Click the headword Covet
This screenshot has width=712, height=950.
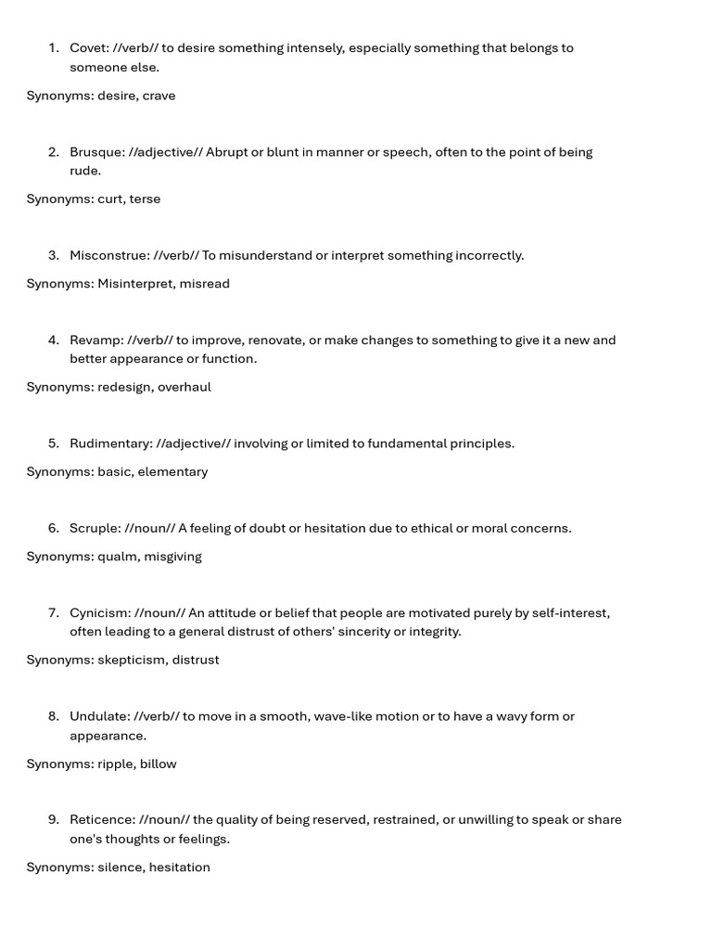[89, 48]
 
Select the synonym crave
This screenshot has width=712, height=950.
[159, 96]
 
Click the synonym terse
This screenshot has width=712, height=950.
[145, 199]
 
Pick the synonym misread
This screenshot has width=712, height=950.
[205, 284]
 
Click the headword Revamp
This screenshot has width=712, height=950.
[95, 340]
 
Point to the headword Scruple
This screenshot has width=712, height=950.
[95, 529]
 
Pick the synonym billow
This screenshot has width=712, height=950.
[159, 764]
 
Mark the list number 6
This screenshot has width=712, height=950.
[53, 529]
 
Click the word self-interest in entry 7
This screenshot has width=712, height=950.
[569, 613]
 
